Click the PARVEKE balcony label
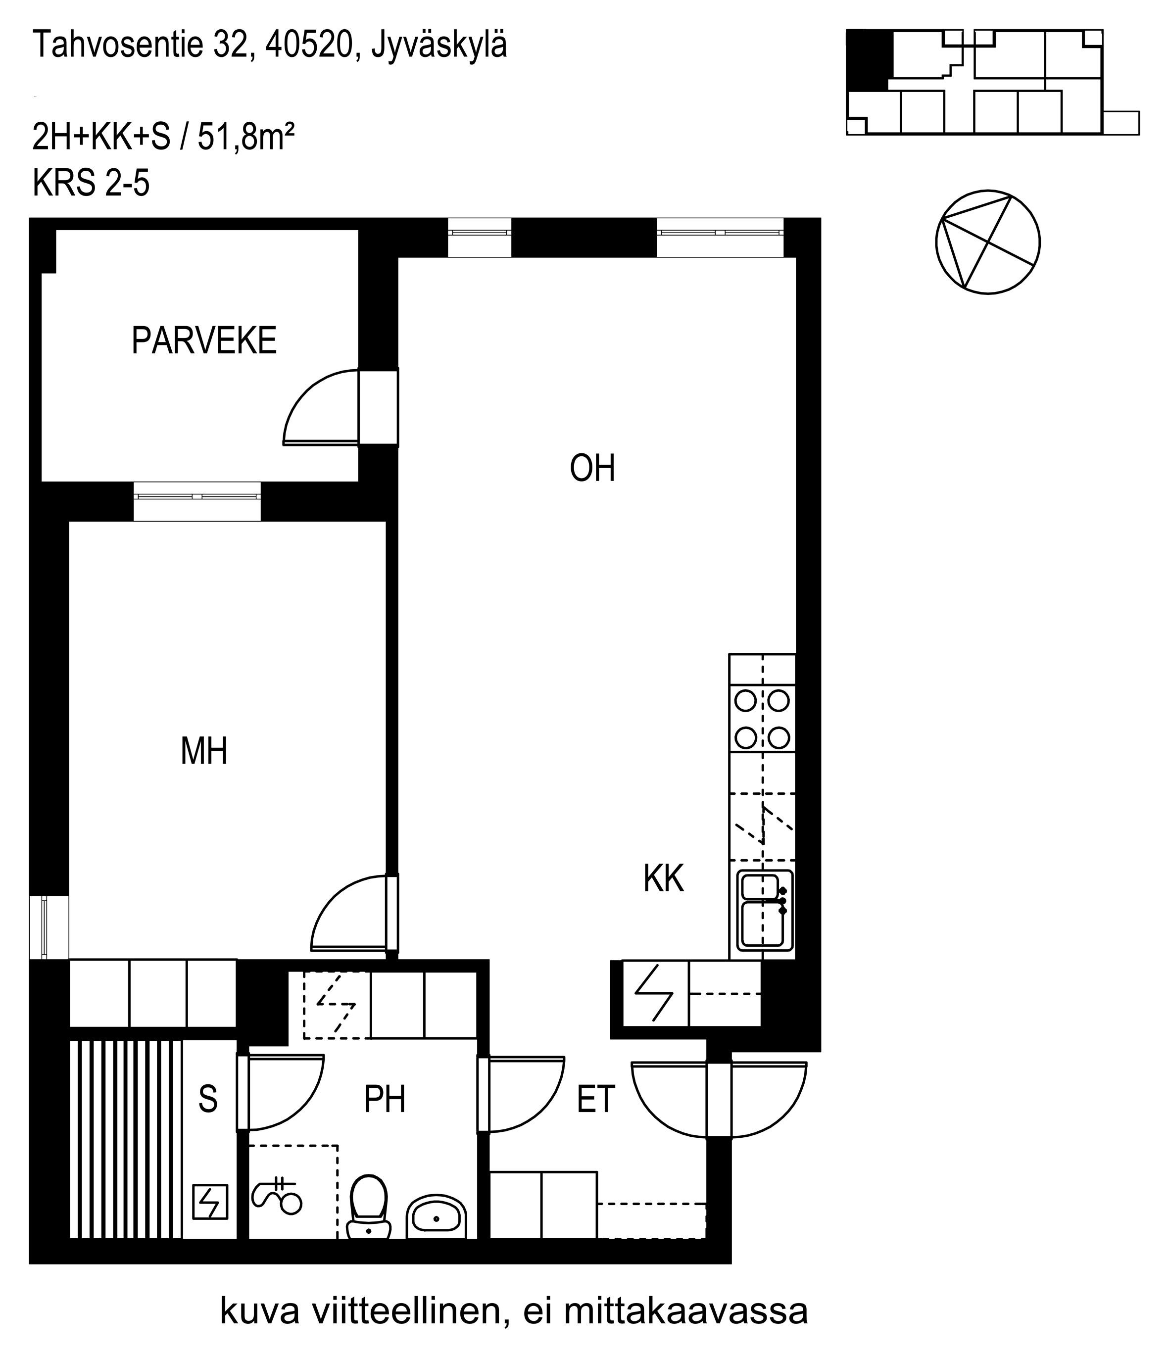pyautogui.click(x=204, y=341)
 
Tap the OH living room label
pyautogui.click(x=592, y=469)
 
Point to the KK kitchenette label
pyautogui.click(x=663, y=878)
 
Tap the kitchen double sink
pyautogui.click(x=765, y=910)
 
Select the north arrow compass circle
pyautogui.click(x=987, y=242)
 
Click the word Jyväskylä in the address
pyautogui.click(x=439, y=46)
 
